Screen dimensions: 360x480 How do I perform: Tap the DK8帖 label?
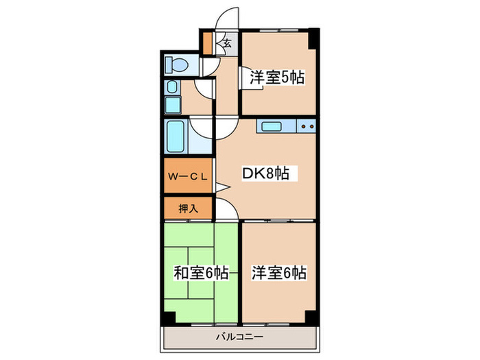(x=265, y=174)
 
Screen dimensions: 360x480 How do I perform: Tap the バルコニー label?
(x=239, y=337)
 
